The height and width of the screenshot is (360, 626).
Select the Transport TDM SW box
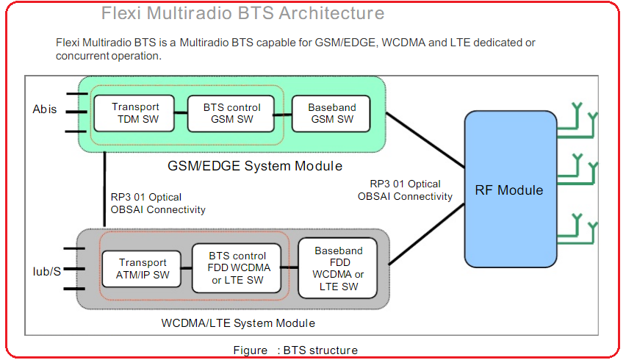click(x=135, y=113)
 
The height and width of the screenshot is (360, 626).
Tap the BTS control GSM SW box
click(x=231, y=113)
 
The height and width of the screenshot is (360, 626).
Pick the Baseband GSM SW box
click(x=331, y=113)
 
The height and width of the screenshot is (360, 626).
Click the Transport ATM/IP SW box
click(x=143, y=269)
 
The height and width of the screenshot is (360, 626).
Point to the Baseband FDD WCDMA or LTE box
click(x=338, y=268)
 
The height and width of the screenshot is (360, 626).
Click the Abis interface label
click(x=45, y=109)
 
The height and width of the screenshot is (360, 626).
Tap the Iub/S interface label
click(x=46, y=271)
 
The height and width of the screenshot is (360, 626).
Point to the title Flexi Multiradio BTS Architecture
click(x=242, y=13)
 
